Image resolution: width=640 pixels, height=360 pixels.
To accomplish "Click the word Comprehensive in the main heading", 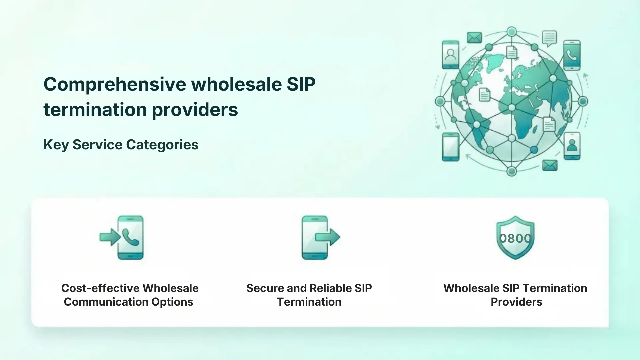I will pos(115,84).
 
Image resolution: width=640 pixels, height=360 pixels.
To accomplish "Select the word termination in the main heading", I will pos(95,110).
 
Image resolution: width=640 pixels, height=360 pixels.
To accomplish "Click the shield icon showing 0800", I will pos(515,237).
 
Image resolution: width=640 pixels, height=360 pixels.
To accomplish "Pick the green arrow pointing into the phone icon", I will pos(110,237).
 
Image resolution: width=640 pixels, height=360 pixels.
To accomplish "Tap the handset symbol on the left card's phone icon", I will pos(131,237).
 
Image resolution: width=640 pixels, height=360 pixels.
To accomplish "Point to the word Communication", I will pos(106,302).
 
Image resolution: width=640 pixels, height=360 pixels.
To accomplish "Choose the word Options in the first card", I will pos(172,302).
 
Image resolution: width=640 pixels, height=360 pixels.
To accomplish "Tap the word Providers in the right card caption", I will pos(516,302).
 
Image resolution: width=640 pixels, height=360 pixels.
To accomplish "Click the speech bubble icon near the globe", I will pos(549,38).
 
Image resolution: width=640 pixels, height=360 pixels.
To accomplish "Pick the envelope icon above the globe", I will pos(474,37).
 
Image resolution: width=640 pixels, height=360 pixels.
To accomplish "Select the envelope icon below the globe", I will pos(550,165).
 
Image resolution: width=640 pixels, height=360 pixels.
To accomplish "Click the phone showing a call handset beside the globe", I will pos(572,55).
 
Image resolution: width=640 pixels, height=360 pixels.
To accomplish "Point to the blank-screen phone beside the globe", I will pos(450,147).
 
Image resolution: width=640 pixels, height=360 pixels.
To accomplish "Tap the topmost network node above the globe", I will pos(511,32).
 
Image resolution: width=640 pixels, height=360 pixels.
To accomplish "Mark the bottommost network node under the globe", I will pos(511,171).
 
